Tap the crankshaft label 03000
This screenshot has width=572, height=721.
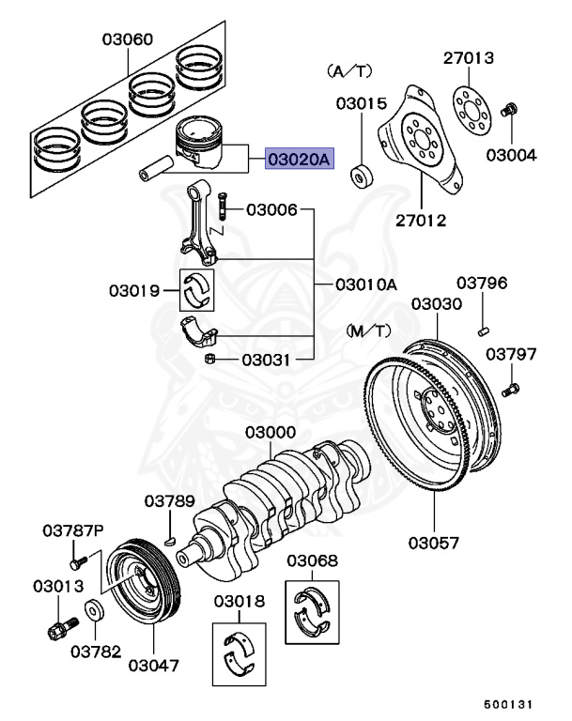click(271, 434)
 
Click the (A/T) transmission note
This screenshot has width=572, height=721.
click(348, 70)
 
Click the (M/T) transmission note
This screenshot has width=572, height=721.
click(367, 330)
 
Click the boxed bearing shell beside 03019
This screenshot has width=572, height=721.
click(198, 290)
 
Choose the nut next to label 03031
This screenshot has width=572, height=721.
click(212, 360)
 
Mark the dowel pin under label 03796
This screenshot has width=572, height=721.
click(483, 327)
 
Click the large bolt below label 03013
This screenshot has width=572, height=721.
click(60, 628)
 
